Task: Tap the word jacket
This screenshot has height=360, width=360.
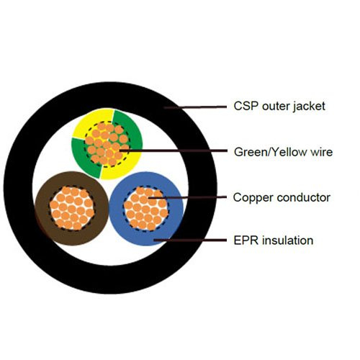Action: [x=309, y=107]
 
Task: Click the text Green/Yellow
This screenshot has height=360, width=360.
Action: [x=271, y=153]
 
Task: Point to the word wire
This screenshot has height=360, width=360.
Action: [x=322, y=152]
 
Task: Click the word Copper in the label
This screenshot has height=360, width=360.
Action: [x=253, y=198]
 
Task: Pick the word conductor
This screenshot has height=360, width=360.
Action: [x=304, y=198]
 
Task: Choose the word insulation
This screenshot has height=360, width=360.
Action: [x=287, y=240]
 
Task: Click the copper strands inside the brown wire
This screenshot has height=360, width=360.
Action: [x=72, y=208]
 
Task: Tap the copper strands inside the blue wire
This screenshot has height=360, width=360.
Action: [x=146, y=209]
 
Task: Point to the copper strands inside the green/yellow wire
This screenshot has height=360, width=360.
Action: [x=107, y=144]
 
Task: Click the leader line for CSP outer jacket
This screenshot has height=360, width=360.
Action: [x=195, y=107]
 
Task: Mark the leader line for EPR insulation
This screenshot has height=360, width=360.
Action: [x=190, y=240]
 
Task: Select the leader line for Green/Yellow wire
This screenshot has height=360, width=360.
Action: [x=173, y=150]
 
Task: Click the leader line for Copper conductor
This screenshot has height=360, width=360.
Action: [x=187, y=197]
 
